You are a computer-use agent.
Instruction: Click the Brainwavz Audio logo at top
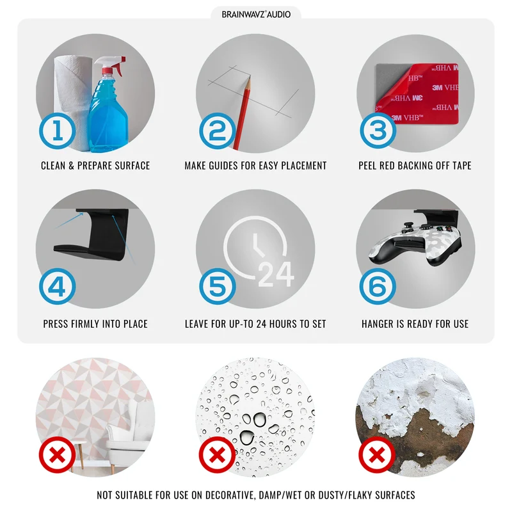coord(256,14)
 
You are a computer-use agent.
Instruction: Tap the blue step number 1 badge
coord(58,131)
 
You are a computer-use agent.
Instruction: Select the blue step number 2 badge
coord(218,131)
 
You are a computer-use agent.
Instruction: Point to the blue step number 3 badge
coord(378,131)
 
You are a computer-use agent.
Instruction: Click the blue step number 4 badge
coord(58,287)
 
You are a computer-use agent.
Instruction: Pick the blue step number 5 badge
coord(218,287)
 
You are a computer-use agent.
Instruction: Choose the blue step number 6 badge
coord(378,287)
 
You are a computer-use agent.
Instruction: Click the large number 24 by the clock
coord(276,275)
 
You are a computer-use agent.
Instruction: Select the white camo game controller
coord(415,243)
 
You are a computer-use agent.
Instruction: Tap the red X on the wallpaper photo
coord(58,455)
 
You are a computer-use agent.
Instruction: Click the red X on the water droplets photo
coord(218,455)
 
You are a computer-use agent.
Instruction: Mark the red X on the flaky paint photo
coord(377,455)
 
